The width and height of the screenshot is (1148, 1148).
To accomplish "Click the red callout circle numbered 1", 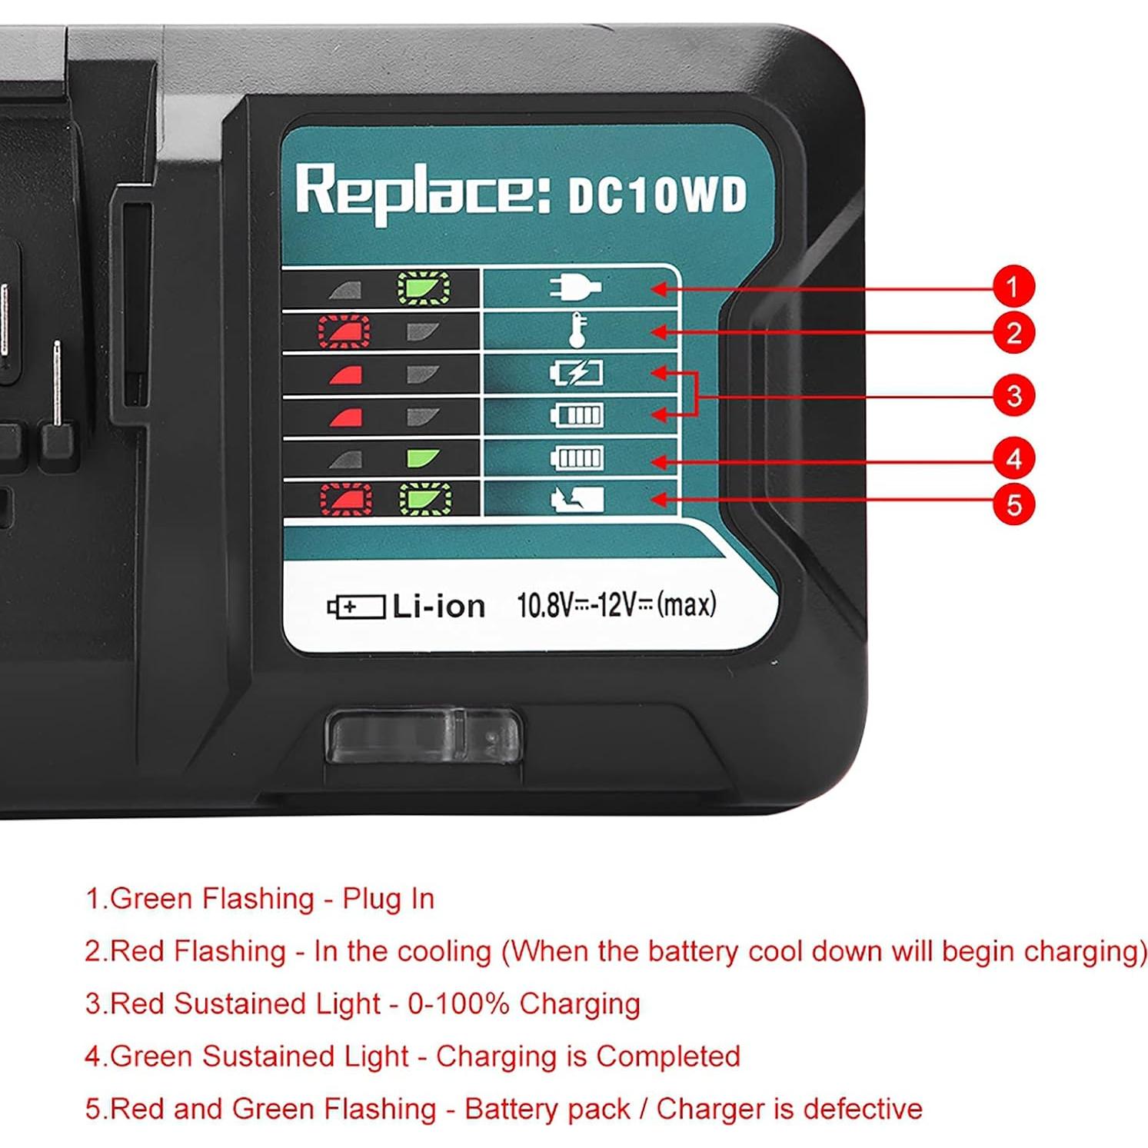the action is (x=1013, y=287).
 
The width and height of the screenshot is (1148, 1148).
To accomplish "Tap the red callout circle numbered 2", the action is (x=1013, y=333).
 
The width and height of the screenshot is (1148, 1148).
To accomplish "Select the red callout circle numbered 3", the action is (x=1013, y=395).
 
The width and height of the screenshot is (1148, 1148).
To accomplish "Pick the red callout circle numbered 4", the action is (x=1013, y=459).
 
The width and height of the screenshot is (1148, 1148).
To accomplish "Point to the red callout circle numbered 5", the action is (x=1013, y=504).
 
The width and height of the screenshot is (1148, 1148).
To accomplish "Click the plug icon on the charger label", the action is (x=575, y=288).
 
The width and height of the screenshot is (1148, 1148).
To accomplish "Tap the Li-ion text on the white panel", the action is (x=438, y=607).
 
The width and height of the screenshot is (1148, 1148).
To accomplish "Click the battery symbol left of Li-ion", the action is (x=356, y=607).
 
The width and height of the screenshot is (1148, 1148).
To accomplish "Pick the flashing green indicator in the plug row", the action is (x=424, y=289).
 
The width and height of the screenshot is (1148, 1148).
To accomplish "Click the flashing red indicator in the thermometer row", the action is (x=344, y=331).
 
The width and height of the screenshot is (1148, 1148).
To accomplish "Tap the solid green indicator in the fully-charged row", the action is (x=423, y=459).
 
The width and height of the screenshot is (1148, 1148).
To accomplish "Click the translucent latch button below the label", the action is (x=424, y=736).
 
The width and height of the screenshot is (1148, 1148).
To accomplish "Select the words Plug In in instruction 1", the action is (x=388, y=898).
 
